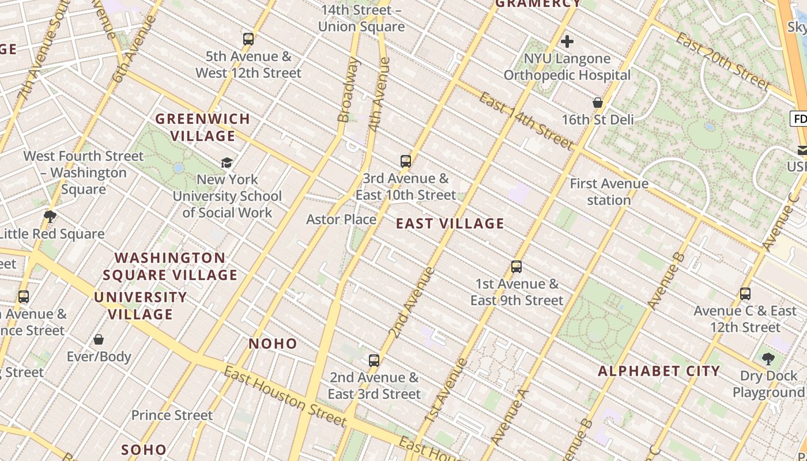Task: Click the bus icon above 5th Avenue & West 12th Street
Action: (248, 39)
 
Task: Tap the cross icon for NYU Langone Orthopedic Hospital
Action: (567, 41)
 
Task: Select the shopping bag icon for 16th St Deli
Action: (598, 103)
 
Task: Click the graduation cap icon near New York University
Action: (227, 163)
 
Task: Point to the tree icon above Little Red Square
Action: (50, 217)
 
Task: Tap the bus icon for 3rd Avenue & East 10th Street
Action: (406, 161)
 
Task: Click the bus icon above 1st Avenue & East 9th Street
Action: (516, 267)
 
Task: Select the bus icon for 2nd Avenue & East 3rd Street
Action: (374, 361)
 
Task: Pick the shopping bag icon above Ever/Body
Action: (99, 339)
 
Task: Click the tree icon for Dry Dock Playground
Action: (768, 359)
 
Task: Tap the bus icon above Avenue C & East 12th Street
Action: (745, 294)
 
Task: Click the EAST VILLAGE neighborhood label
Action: (450, 224)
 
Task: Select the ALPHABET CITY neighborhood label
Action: (659, 371)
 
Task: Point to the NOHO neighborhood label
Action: (273, 344)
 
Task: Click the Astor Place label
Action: (341, 220)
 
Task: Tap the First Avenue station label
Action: (609, 192)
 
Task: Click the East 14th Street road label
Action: (526, 122)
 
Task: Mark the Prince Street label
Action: (172, 415)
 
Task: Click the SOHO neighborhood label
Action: (144, 449)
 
